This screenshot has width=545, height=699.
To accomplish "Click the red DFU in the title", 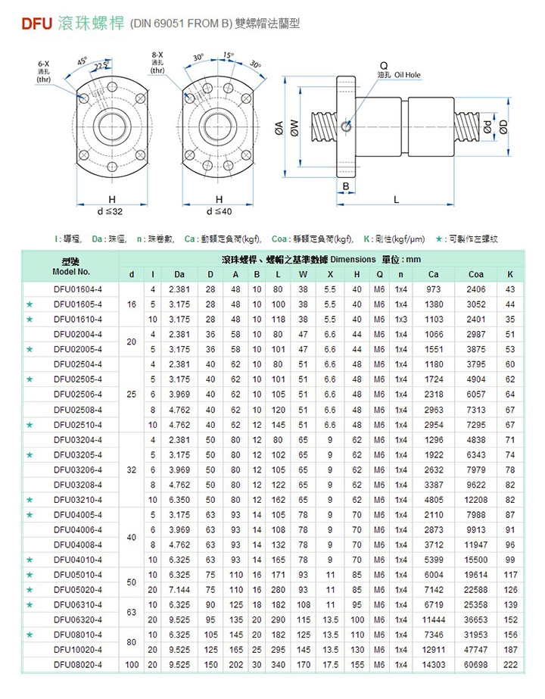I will (x=36, y=23).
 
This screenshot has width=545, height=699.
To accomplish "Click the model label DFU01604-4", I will (x=78, y=289).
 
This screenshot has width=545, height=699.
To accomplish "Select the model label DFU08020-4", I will (x=78, y=664).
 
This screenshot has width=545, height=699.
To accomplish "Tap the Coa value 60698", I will (x=475, y=664).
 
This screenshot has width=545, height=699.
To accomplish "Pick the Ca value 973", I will (x=434, y=289).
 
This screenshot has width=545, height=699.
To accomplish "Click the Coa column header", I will (x=475, y=274).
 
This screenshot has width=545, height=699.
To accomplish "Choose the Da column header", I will (x=179, y=274).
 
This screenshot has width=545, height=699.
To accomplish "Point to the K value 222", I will (x=510, y=664).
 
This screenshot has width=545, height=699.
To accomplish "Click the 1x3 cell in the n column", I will (x=400, y=319).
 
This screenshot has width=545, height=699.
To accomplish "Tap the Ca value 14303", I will (x=434, y=664).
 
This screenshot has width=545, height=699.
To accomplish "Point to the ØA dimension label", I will (x=279, y=130).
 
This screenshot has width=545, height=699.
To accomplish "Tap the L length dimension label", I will (x=396, y=199).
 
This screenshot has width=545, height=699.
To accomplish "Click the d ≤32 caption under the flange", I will (x=110, y=211).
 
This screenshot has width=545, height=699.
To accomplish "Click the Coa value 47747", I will (x=475, y=649).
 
